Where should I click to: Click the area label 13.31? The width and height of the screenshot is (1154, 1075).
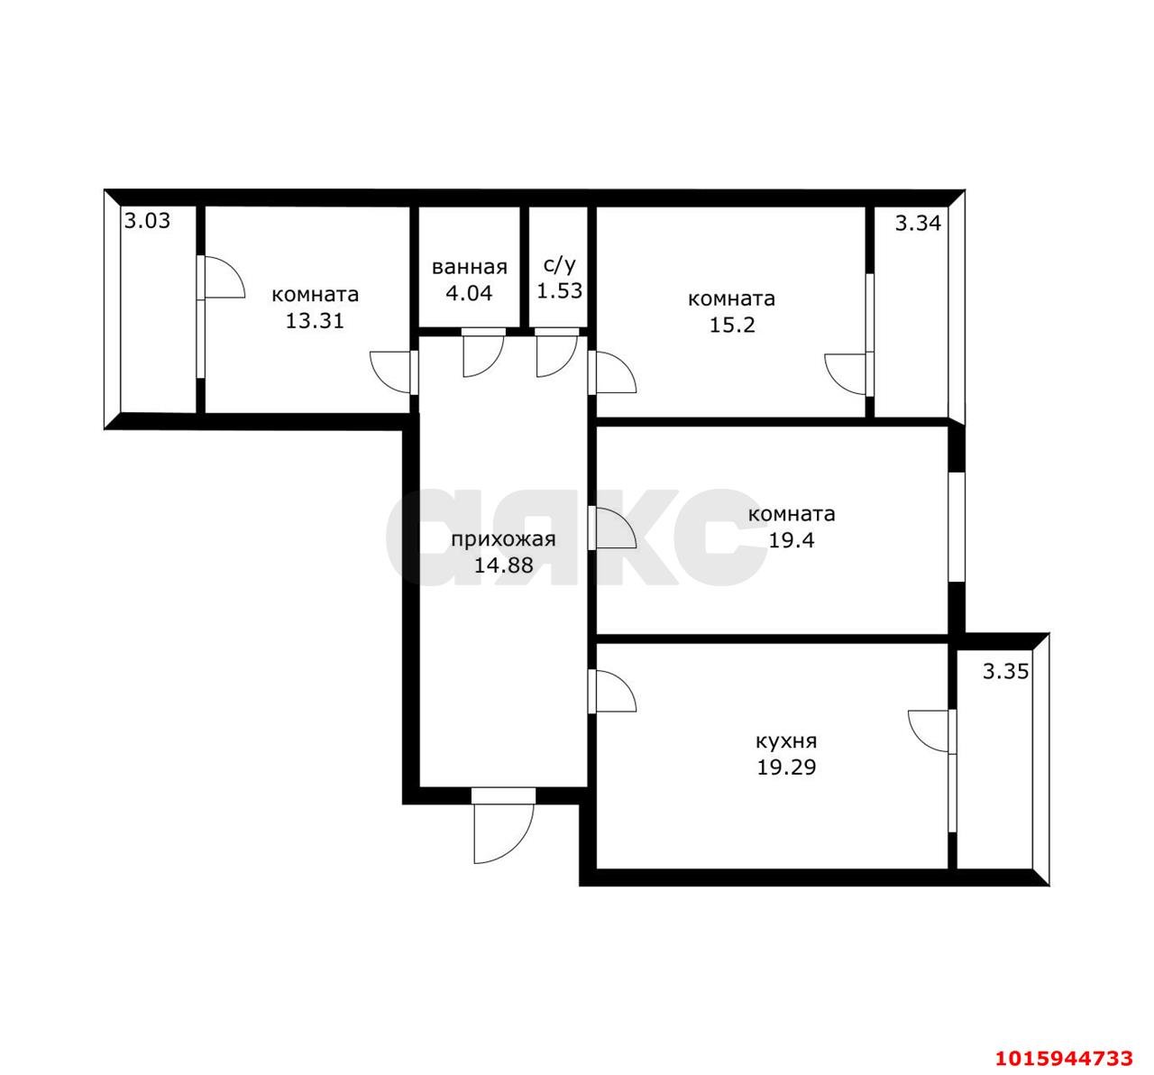click(315, 320)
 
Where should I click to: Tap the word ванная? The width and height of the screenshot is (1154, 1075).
click(470, 268)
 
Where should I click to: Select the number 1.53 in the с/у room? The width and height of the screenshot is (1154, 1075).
click(559, 290)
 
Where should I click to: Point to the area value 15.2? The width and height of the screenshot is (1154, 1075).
click(731, 325)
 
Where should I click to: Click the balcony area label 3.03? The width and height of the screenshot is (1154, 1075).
click(147, 221)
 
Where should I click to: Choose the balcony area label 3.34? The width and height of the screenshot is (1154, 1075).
click(918, 223)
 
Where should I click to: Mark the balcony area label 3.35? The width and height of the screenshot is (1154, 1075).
click(1005, 672)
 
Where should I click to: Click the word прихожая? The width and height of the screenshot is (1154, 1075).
click(503, 539)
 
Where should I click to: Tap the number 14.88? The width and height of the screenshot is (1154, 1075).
click(503, 565)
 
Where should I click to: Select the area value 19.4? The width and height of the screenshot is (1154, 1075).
click(792, 540)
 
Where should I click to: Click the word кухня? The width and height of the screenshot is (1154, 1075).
click(786, 741)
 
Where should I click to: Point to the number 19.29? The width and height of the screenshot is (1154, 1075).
click(786, 767)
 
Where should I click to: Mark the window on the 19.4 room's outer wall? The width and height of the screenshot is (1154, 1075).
click(957, 527)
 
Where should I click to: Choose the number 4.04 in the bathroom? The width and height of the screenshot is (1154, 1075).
click(469, 292)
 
